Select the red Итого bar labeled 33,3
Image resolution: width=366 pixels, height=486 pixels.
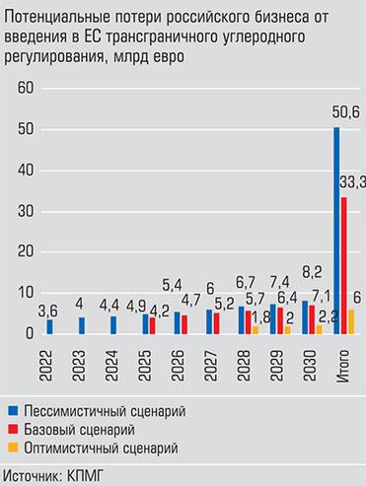[x=344, y=266]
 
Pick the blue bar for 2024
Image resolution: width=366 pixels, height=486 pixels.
[x=113, y=325]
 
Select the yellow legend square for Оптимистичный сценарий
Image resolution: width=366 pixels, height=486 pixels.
[x=12, y=448]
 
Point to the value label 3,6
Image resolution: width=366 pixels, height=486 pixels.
[x=46, y=311]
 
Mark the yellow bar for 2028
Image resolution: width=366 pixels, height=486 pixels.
[x=256, y=330]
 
